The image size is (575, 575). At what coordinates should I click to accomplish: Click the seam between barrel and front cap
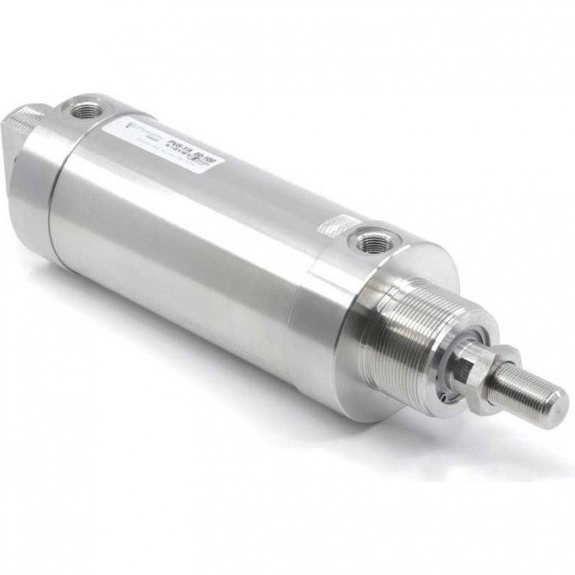(x=309, y=279)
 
